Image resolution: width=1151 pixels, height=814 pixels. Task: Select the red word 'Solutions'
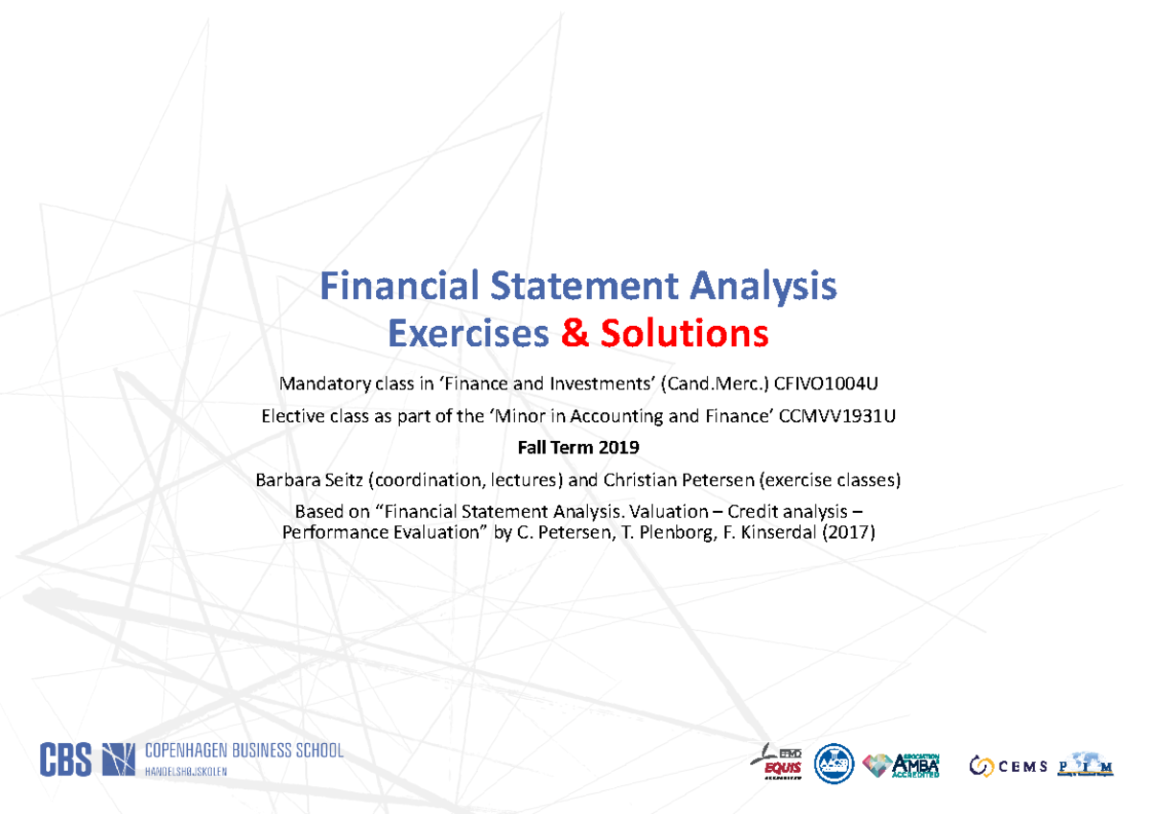tap(684, 334)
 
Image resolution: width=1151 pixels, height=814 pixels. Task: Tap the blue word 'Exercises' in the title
tap(467, 334)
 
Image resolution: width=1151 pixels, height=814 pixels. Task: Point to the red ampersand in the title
tap(574, 334)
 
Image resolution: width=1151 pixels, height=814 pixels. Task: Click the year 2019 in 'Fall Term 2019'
tap(619, 448)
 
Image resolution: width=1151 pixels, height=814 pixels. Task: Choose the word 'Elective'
tap(292, 416)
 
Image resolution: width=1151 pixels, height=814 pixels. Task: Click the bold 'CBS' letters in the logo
tap(65, 759)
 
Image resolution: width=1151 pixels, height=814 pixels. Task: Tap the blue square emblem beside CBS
tap(119, 759)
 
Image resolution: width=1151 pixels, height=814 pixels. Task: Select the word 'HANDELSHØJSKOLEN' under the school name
tap(186, 772)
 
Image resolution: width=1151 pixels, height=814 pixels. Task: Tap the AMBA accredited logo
tap(903, 765)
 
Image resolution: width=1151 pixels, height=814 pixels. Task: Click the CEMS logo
tap(1007, 765)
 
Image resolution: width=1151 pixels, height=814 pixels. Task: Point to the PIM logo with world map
tap(1086, 765)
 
